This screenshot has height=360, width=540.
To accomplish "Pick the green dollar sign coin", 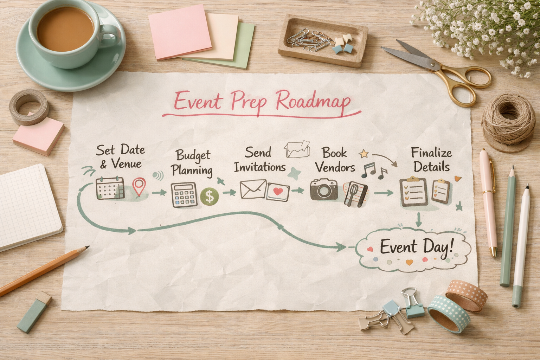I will pos(210,197).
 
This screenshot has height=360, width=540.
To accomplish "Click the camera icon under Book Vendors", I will pos(324,190).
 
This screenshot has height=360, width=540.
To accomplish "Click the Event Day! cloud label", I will pos(417,247).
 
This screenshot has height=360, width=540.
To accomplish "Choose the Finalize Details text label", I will pos(431,160).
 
